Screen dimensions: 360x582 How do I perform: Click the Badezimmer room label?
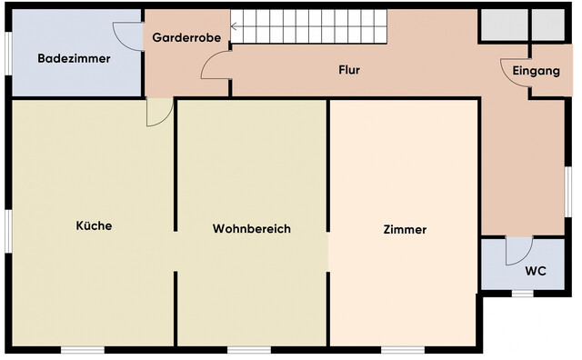(74, 58)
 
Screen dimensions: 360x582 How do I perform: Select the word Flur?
(350, 69)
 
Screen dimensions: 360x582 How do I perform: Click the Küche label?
(94, 225)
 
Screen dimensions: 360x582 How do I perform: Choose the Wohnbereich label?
(252, 229)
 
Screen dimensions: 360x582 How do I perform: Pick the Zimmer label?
(405, 230)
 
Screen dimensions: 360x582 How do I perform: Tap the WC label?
(536, 272)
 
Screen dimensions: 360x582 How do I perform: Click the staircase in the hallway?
(309, 27)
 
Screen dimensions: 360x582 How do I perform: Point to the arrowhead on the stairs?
(236, 27)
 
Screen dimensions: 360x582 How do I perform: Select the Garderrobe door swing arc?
(215, 65)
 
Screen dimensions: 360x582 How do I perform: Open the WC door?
(518, 250)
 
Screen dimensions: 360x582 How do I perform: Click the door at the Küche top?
(158, 113)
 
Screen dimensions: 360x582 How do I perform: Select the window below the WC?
(522, 293)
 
